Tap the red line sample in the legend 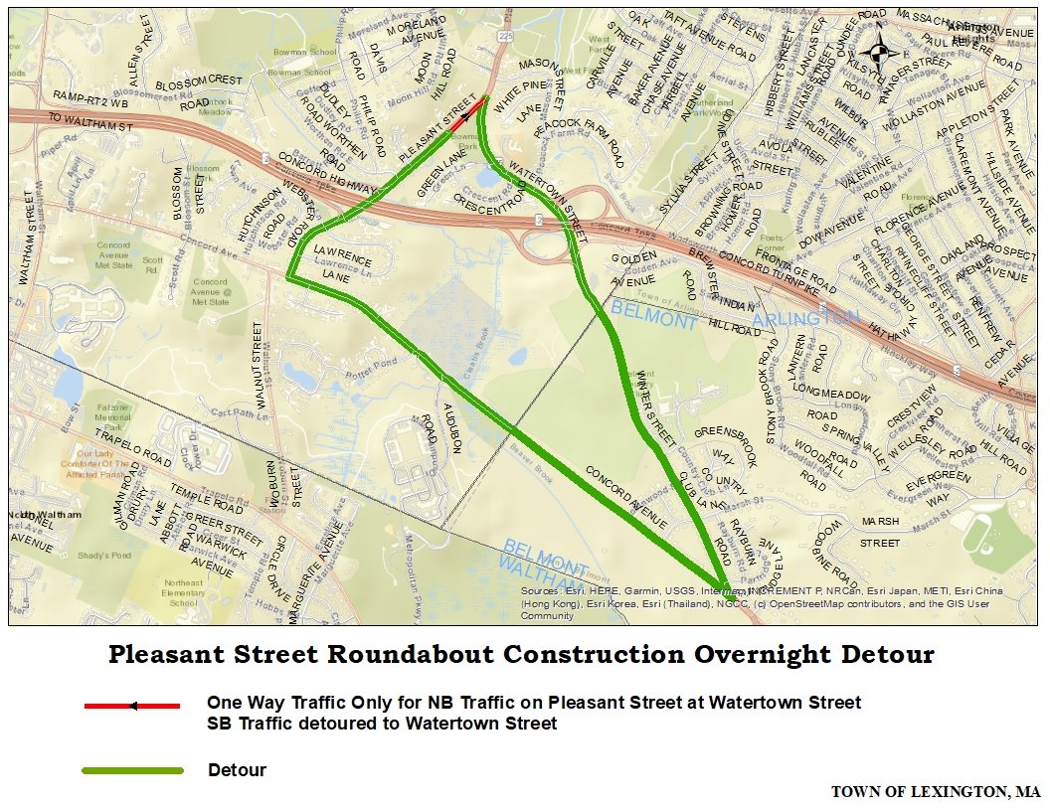click(131, 706)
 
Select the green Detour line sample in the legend click(131, 770)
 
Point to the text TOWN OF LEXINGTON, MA click(935, 792)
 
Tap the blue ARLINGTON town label click(805, 318)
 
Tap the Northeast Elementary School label click(184, 592)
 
